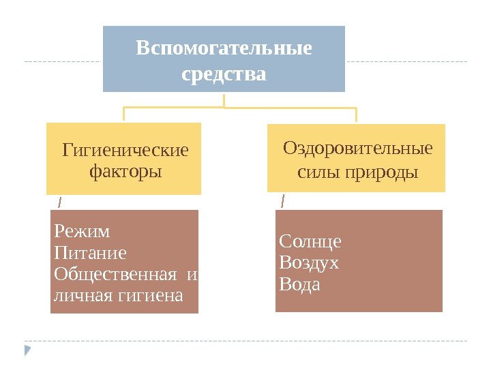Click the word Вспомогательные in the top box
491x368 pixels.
click(224, 49)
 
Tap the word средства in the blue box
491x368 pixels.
click(224, 73)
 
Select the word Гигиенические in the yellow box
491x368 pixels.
click(125, 149)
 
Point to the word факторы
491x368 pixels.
click(125, 170)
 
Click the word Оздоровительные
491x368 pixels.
click(357, 149)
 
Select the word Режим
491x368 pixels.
click(81, 231)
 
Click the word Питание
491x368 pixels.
click(90, 254)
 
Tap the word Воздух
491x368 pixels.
click(309, 262)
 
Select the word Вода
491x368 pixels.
click(300, 283)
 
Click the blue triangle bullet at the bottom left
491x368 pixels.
click(27, 350)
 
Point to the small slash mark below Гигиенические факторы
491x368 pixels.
click(59, 202)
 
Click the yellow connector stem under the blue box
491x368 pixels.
click(224, 100)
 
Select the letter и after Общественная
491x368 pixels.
click(192, 275)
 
